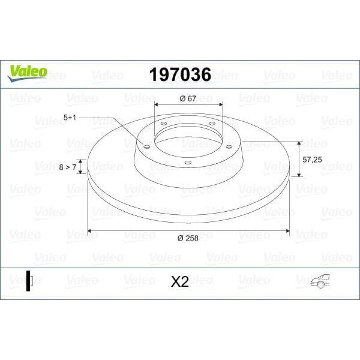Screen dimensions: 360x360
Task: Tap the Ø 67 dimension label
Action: [x=188, y=98]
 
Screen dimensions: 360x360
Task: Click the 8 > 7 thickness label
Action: [x=67, y=167]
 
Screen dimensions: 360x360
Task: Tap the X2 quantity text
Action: [x=179, y=282]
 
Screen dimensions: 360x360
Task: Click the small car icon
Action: [x=320, y=281]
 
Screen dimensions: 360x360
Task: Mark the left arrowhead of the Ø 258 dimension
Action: [x=90, y=230]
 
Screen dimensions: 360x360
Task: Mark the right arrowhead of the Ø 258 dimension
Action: [x=288, y=230]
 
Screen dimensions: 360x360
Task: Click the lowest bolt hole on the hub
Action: [x=187, y=162]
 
